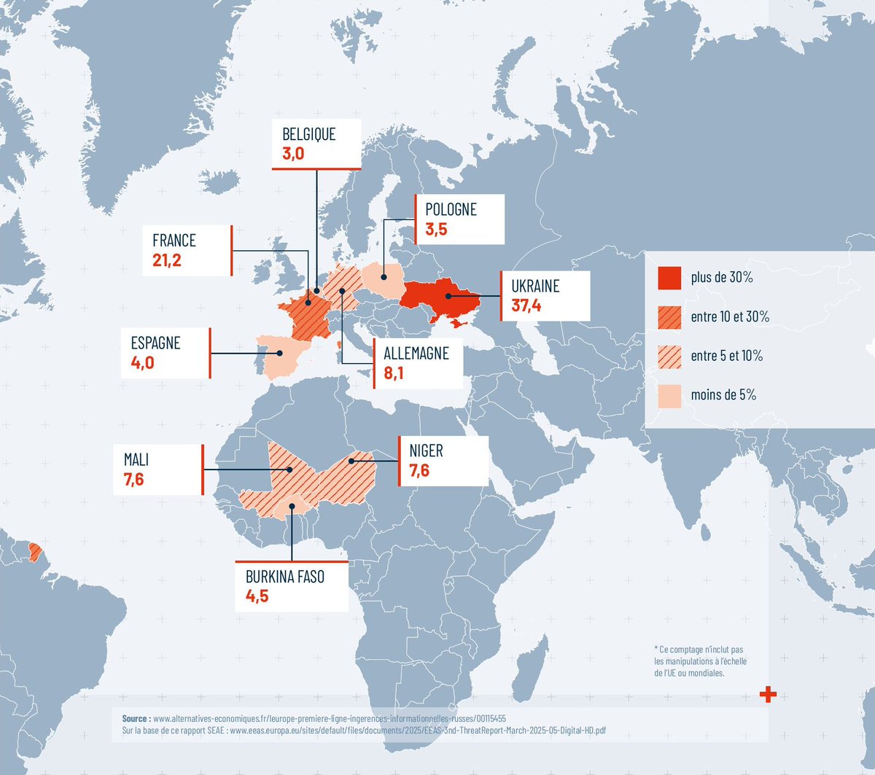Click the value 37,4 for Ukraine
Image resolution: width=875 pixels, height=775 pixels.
[526, 305]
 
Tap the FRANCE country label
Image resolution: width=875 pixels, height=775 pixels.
[174, 241]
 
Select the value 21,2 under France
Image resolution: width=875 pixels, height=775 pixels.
[167, 260]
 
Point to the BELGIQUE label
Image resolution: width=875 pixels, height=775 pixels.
[309, 134]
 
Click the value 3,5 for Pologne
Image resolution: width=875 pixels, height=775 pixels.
[436, 230]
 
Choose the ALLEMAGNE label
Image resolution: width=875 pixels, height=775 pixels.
[416, 354]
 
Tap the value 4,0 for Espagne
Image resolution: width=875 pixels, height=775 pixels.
[142, 362]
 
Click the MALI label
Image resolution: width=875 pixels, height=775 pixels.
[136, 459]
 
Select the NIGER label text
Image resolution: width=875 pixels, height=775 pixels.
[426, 451]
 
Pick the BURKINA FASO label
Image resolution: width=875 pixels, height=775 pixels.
[285, 577]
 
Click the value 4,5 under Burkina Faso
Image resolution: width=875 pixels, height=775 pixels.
[257, 596]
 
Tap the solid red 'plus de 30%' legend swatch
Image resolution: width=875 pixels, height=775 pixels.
[669, 278]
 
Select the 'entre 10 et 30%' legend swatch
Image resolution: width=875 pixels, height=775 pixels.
[669, 317]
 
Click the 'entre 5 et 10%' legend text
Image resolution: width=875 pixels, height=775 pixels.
[726, 356]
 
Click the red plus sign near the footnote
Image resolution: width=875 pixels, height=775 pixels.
[768, 695]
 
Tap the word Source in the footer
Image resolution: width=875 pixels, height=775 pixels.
[136, 718]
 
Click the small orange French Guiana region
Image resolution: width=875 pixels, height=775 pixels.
[34, 550]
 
